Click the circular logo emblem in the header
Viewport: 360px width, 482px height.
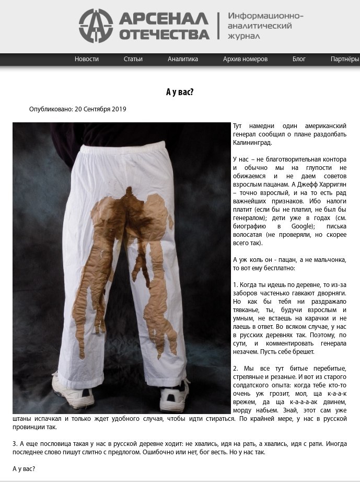pyautogui.click(x=96, y=26)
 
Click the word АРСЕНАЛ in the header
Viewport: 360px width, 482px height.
pyautogui.click(x=164, y=18)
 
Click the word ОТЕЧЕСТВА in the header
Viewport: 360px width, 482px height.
pyautogui.click(x=164, y=35)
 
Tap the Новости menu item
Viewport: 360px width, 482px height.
pyautogui.click(x=87, y=59)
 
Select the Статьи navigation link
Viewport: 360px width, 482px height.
pyautogui.click(x=133, y=59)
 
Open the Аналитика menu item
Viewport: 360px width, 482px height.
pyautogui.click(x=183, y=59)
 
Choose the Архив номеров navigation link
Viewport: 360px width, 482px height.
pyautogui.click(x=245, y=59)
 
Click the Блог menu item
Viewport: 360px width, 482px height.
pyautogui.click(x=299, y=59)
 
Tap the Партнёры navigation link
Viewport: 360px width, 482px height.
pyautogui.click(x=345, y=59)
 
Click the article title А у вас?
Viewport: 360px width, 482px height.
pyautogui.click(x=180, y=93)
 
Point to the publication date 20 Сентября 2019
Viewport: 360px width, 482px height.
pyautogui.click(x=100, y=109)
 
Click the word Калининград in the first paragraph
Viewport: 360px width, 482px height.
pyautogui.click(x=253, y=142)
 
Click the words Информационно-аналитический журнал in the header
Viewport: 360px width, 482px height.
pyautogui.click(x=264, y=26)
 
